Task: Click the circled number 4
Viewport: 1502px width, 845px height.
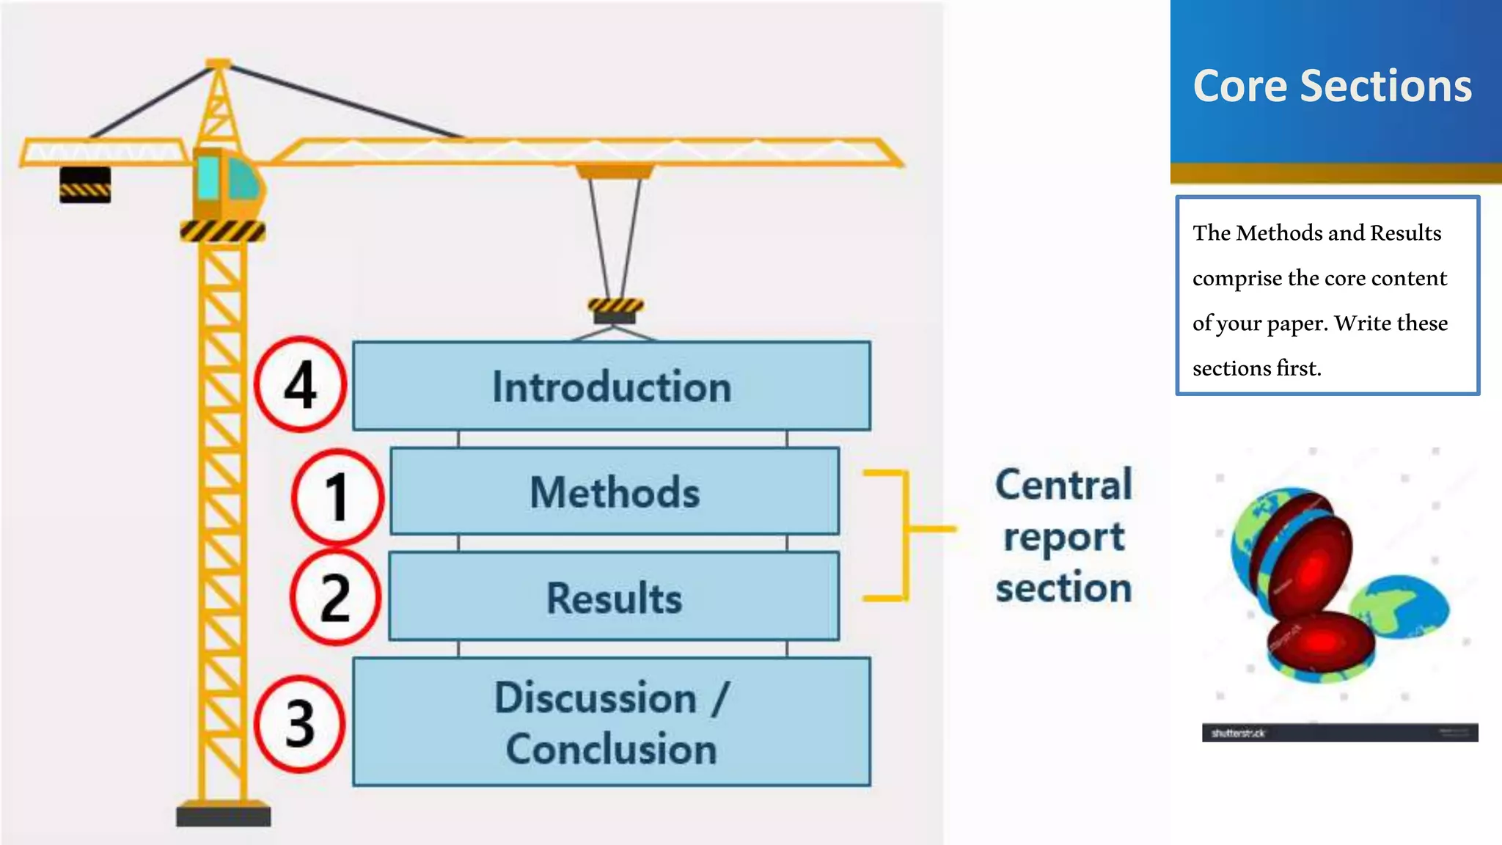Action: pos(300,384)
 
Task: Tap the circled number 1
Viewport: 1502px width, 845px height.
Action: pos(337,497)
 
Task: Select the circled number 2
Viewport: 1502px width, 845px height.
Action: pos(335,599)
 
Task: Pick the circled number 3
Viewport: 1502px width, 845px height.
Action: pos(299,724)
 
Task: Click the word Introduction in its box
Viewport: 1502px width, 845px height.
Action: pos(612,387)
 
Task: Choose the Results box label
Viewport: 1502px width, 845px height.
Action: pos(615,598)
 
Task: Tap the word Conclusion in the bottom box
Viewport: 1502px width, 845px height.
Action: pos(611,749)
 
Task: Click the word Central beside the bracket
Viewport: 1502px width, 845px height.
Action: pos(1063,485)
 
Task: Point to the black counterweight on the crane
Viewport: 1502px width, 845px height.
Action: pos(85,184)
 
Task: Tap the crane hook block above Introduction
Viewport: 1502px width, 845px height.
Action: pos(615,310)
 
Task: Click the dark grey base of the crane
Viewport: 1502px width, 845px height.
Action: pos(223,815)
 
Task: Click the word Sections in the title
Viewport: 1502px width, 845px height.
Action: pos(1385,86)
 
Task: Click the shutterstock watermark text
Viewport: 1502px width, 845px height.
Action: pos(1237,733)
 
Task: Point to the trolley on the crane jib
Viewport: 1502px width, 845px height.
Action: pos(615,171)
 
